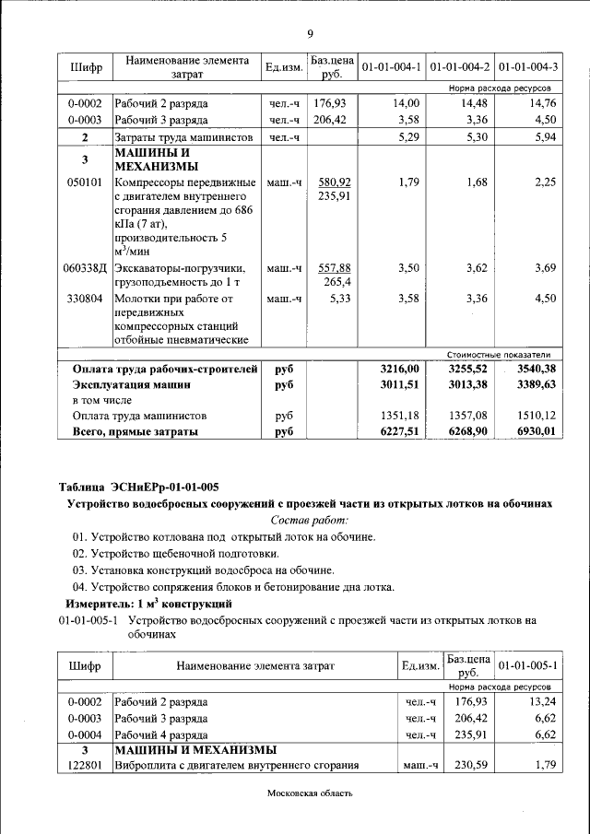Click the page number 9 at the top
(310, 34)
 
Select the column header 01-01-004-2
(460, 67)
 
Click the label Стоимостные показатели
(499, 354)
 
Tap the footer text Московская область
(310, 794)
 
